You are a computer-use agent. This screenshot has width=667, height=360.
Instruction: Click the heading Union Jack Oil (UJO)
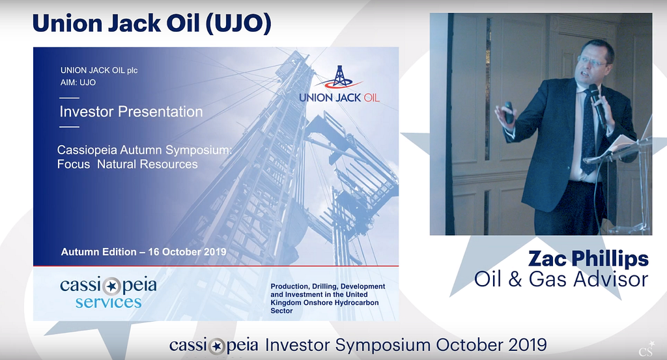[151, 23]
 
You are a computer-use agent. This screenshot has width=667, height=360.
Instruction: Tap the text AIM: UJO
[78, 83]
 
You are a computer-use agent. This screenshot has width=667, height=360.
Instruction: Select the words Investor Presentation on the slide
[132, 111]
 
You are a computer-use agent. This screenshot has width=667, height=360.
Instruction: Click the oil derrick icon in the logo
[339, 77]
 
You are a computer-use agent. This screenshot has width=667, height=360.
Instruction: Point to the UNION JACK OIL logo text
[339, 98]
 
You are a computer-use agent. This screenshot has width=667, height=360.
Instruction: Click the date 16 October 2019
[187, 252]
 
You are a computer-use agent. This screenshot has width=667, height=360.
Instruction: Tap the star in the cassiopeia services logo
[111, 286]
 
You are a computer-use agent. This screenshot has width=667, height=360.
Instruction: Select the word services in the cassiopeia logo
[109, 302]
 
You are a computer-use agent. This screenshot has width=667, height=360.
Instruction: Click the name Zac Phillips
[588, 259]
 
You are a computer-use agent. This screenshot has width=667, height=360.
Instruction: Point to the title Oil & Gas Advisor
[561, 279]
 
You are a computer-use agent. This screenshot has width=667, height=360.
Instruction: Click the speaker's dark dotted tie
[589, 132]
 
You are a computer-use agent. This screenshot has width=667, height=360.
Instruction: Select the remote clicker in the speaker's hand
[508, 112]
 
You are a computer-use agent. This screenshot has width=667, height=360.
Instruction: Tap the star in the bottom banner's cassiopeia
[218, 346]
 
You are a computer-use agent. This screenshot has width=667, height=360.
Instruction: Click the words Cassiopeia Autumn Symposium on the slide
[145, 150]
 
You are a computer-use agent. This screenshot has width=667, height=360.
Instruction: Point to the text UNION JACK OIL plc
[99, 70]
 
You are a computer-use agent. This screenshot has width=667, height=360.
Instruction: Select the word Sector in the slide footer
[281, 311]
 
